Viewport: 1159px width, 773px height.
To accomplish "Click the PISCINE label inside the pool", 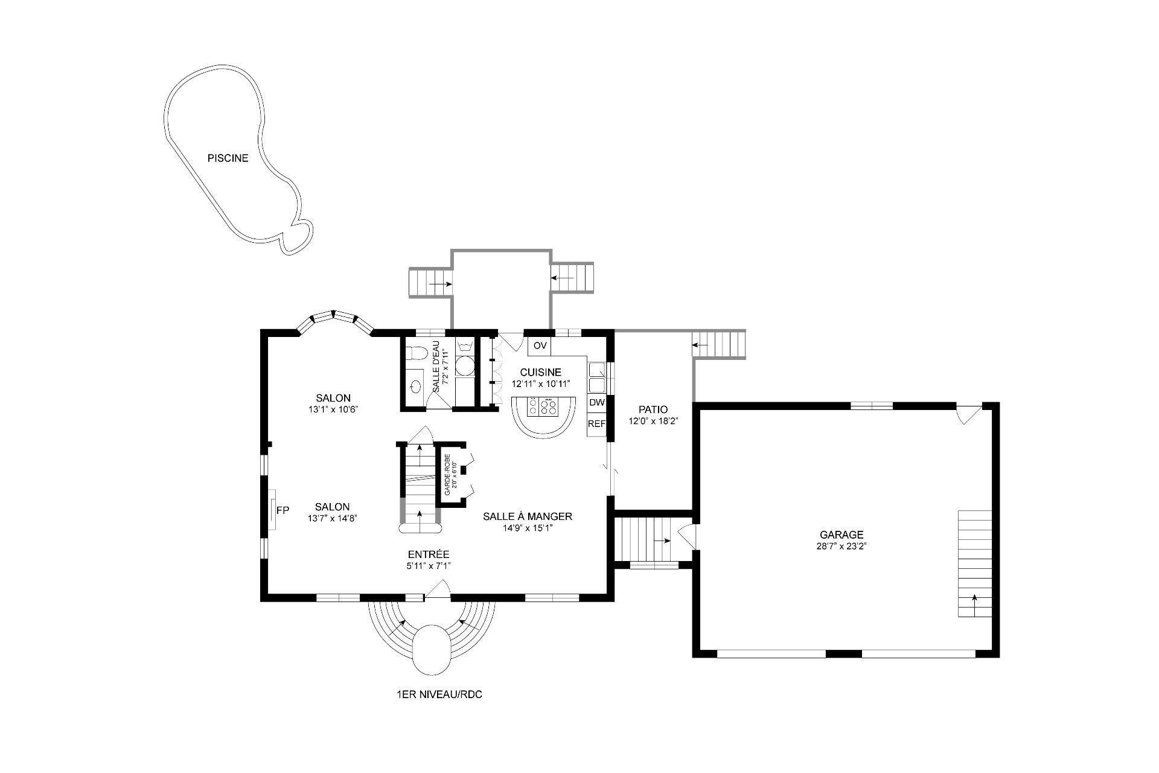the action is pos(228,158).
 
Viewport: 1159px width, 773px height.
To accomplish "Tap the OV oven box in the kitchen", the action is pos(540,346).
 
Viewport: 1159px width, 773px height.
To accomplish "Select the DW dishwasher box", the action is pos(596,403).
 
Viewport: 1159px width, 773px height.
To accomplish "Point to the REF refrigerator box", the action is pos(596,424).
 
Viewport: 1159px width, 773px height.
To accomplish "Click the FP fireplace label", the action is pos(283,510).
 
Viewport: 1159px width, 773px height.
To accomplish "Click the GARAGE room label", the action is pos(841,534).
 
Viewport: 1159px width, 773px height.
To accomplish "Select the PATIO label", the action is pos(653,409).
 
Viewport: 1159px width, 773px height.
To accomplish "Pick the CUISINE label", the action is pos(540,373).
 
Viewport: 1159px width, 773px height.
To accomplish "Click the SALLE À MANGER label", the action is pos(528,516).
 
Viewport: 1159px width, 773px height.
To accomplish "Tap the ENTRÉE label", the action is pos(429,554).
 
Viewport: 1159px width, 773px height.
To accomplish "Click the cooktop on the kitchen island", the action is pos(542,406).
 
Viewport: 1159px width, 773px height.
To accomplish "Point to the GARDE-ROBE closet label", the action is pos(447,475).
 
